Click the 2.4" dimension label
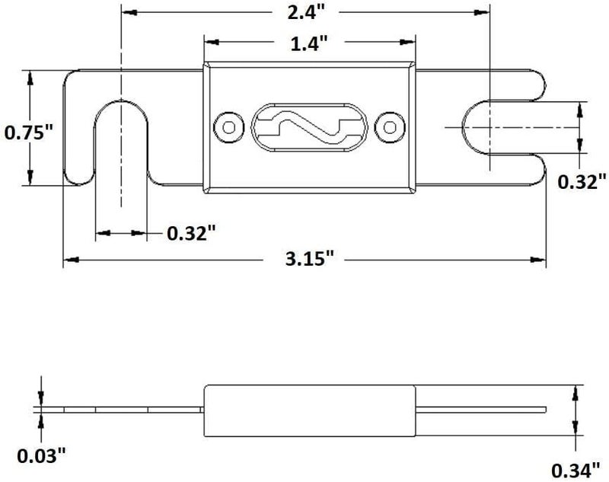305,12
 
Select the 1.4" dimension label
310,43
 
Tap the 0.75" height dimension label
28,132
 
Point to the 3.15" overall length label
310,259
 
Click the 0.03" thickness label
41,455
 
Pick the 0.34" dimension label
576,471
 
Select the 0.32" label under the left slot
191,234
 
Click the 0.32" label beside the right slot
582,182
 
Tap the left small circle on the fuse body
229,127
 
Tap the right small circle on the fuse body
390,127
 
